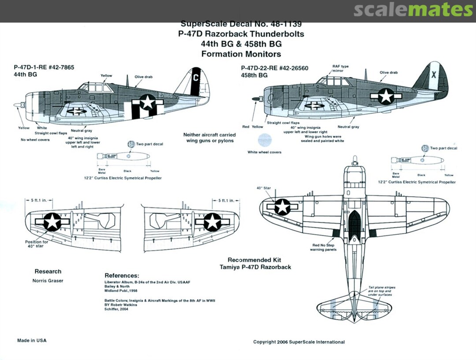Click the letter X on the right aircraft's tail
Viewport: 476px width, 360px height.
click(x=433, y=75)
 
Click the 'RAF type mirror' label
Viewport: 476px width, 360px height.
click(x=340, y=68)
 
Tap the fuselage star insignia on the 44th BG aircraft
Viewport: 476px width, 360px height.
click(x=148, y=103)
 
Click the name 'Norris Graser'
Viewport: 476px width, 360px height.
click(x=48, y=281)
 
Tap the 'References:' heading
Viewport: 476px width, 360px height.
click(x=122, y=275)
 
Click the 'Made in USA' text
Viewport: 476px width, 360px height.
click(x=32, y=341)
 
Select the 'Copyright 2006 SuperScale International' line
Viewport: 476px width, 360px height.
click(x=299, y=342)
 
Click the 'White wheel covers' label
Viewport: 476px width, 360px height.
click(x=264, y=152)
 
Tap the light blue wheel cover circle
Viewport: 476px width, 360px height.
click(x=264, y=140)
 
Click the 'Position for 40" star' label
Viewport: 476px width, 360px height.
click(x=37, y=244)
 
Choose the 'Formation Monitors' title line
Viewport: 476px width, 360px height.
click(x=241, y=54)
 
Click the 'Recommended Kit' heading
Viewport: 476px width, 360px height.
click(x=254, y=260)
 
